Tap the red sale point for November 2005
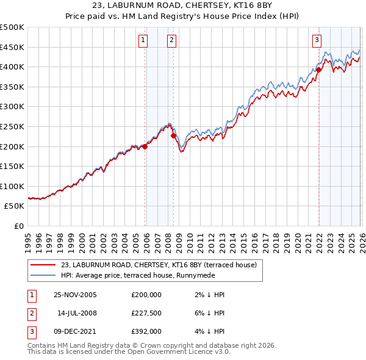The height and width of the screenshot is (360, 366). pos(145,146)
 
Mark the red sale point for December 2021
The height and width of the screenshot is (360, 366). pos(318,70)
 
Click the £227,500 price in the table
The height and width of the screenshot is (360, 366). pos(146,313)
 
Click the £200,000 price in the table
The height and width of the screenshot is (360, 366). pos(146,294)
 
